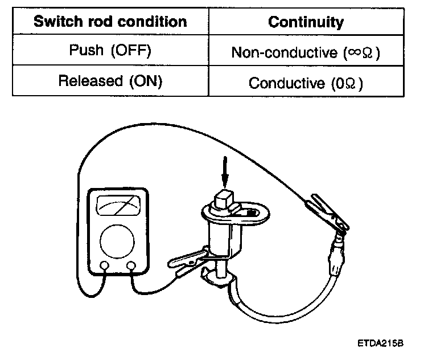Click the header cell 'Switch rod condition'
tap(110, 22)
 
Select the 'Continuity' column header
tap(306, 22)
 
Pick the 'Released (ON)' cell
tap(110, 81)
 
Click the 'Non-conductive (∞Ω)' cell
tap(306, 52)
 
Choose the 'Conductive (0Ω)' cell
tap(306, 83)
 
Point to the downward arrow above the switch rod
tap(225, 173)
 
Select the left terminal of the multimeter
tap(105, 265)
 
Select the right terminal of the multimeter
tap(131, 265)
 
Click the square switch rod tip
tap(224, 201)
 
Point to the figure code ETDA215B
tap(380, 344)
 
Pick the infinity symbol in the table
tap(354, 52)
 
